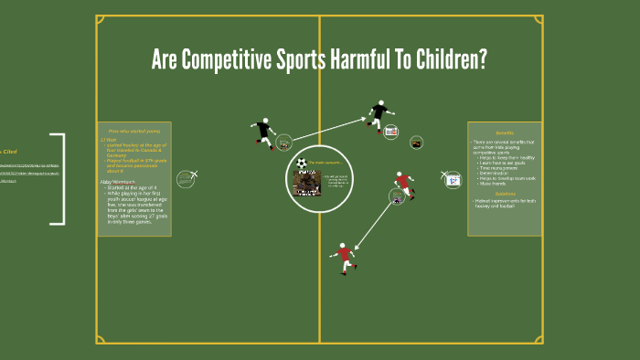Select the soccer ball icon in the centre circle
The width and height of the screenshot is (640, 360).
[302, 163]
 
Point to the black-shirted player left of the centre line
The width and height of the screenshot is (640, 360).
[264, 133]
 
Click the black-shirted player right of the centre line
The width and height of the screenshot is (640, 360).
[379, 114]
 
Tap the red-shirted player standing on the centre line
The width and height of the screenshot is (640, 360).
[344, 257]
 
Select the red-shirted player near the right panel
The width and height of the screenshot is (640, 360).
[403, 185]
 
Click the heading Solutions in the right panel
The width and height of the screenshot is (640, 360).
[505, 194]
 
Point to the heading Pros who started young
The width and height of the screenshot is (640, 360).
[133, 132]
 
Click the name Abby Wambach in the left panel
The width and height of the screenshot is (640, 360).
[117, 182]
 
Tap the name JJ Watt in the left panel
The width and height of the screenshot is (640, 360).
[111, 139]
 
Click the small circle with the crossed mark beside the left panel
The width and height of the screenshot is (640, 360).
[187, 177]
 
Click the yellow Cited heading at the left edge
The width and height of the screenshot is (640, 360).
[8, 152]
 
